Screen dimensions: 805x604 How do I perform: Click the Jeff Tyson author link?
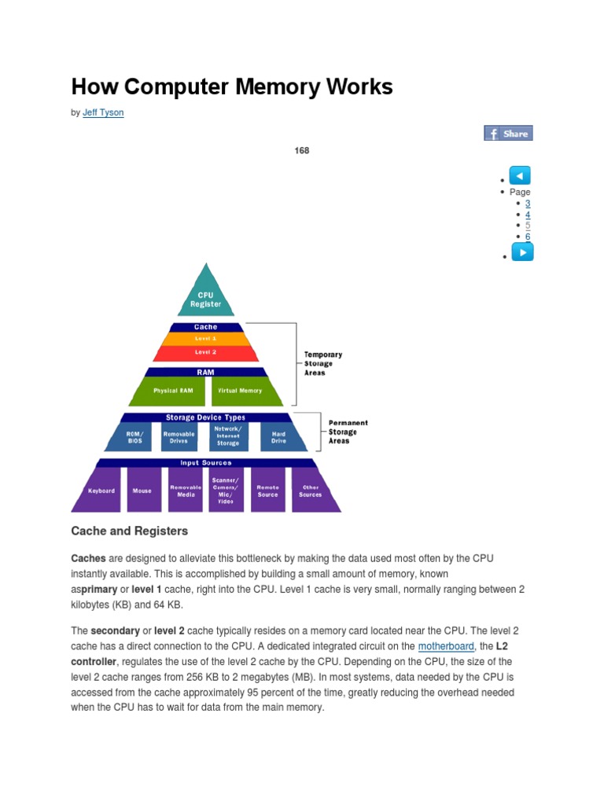(103, 112)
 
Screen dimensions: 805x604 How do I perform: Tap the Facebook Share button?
(508, 134)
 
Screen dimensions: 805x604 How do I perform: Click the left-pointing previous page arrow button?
(521, 175)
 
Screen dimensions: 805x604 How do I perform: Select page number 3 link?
(528, 203)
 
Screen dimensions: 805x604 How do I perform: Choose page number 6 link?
(528, 237)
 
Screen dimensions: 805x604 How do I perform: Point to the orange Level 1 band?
(206, 339)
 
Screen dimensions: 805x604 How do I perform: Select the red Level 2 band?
(206, 353)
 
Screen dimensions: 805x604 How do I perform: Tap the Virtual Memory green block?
(241, 391)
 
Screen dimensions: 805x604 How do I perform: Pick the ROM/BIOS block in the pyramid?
(135, 437)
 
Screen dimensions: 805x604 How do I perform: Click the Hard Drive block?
(278, 437)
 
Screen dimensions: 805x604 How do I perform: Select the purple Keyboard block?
(101, 491)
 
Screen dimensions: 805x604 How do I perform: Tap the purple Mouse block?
(142, 491)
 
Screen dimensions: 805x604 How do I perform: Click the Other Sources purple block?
(311, 491)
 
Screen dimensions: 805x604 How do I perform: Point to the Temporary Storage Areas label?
(323, 364)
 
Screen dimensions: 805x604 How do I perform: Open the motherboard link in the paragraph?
(446, 646)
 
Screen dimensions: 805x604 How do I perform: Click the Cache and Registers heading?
(130, 531)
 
